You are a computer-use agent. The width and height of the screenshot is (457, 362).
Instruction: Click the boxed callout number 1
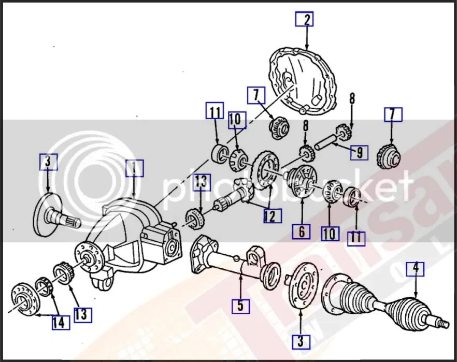(134, 168)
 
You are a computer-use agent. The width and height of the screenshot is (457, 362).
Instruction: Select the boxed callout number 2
(305, 20)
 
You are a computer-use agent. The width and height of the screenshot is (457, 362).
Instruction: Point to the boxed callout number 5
(240, 306)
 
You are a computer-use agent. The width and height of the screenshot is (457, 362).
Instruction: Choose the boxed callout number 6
(301, 231)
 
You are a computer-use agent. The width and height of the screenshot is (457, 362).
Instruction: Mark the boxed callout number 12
(269, 215)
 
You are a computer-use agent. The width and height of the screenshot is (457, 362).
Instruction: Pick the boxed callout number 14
(60, 323)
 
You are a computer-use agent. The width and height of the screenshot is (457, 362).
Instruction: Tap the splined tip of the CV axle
(441, 324)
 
